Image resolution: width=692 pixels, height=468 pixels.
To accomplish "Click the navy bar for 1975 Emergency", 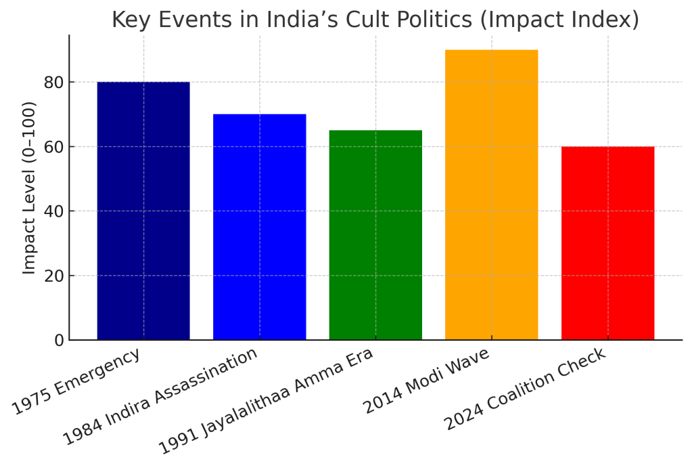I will coord(143,211).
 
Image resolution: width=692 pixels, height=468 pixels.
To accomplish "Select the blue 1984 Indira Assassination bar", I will coord(259,227).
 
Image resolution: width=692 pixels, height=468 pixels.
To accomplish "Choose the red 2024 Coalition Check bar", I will coord(607,243).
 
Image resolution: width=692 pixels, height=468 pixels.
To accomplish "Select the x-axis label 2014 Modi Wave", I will coord(426,383).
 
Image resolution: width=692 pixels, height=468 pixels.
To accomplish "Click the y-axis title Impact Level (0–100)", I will coord(29,188).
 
